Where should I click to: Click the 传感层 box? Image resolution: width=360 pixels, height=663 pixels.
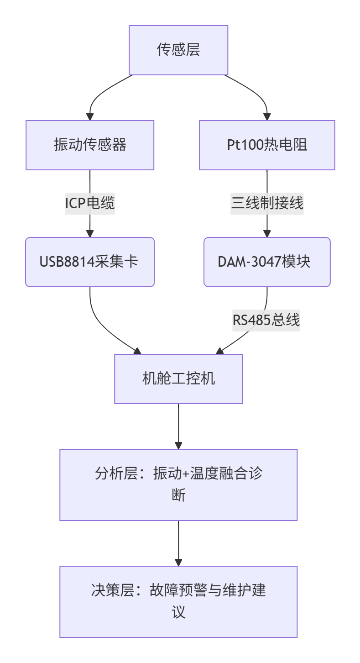pos(178,50)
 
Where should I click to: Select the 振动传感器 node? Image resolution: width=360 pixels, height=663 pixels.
pos(90,145)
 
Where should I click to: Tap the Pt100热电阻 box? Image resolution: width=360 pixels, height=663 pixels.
pos(267,145)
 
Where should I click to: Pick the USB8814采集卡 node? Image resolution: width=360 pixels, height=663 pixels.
pos(90,262)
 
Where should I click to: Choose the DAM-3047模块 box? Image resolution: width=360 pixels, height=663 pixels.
pos(267,262)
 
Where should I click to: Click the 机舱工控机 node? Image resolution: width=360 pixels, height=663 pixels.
pos(178,379)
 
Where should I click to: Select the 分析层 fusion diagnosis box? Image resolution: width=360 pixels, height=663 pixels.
pos(178,484)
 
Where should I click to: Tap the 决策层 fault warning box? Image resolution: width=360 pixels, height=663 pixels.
pos(178,601)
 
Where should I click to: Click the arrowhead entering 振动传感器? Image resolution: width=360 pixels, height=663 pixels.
pos(90,116)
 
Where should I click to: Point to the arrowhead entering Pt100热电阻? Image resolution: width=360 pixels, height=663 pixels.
pos(267,116)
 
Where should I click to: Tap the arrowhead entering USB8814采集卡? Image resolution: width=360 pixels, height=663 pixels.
pos(90,233)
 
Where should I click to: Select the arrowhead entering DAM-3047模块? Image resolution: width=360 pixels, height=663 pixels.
pos(267,233)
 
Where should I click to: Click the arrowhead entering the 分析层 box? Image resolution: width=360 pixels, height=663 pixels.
pos(178,445)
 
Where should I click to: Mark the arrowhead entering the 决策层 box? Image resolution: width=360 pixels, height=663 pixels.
pos(178,562)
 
